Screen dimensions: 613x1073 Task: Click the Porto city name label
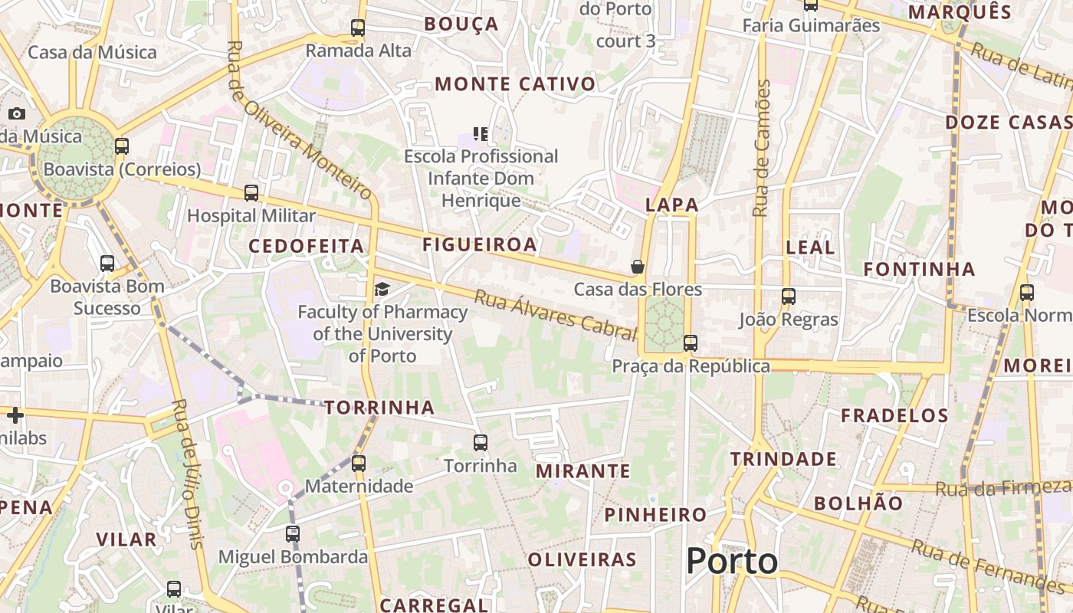click(x=732, y=561)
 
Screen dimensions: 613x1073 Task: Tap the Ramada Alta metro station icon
click(x=358, y=28)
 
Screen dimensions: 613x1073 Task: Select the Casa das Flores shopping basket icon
click(x=637, y=267)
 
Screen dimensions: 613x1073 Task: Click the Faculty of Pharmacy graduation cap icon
click(x=382, y=289)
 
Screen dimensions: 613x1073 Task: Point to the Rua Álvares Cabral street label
click(x=556, y=315)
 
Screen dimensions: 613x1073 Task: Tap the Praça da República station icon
click(x=691, y=343)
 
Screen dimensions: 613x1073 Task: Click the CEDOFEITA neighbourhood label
click(x=306, y=246)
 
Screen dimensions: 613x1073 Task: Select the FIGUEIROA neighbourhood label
click(x=479, y=245)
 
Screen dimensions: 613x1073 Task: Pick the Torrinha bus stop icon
click(x=481, y=443)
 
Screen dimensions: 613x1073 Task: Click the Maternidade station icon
click(x=358, y=463)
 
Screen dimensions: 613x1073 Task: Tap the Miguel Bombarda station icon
click(x=293, y=533)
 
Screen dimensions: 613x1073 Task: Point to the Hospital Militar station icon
click(x=251, y=193)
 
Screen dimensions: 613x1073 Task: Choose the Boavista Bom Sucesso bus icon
click(x=107, y=264)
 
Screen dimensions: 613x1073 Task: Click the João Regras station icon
click(x=788, y=297)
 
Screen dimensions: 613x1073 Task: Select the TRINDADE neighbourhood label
click(x=783, y=459)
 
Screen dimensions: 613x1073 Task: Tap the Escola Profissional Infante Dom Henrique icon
click(x=481, y=134)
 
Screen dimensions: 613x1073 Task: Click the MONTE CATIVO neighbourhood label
click(x=515, y=84)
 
